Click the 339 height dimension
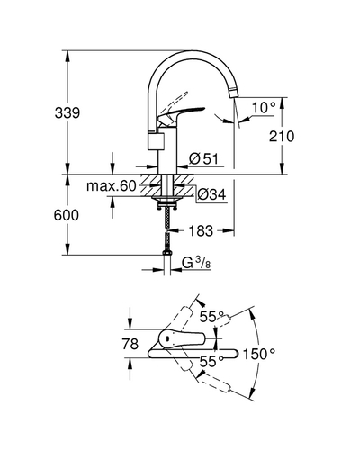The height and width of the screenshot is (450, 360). (x=67, y=113)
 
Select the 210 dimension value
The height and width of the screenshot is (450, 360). (x=282, y=137)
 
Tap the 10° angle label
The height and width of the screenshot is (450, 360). (x=264, y=108)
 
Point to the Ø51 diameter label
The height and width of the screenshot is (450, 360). (x=204, y=158)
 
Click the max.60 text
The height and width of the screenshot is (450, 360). (x=112, y=186)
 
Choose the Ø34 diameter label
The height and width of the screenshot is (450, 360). (x=211, y=195)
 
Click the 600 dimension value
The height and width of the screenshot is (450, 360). (x=67, y=215)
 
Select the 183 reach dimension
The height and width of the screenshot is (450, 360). (x=201, y=230)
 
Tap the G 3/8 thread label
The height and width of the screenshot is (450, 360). (x=196, y=263)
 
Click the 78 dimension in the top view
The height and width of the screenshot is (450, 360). (x=130, y=344)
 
